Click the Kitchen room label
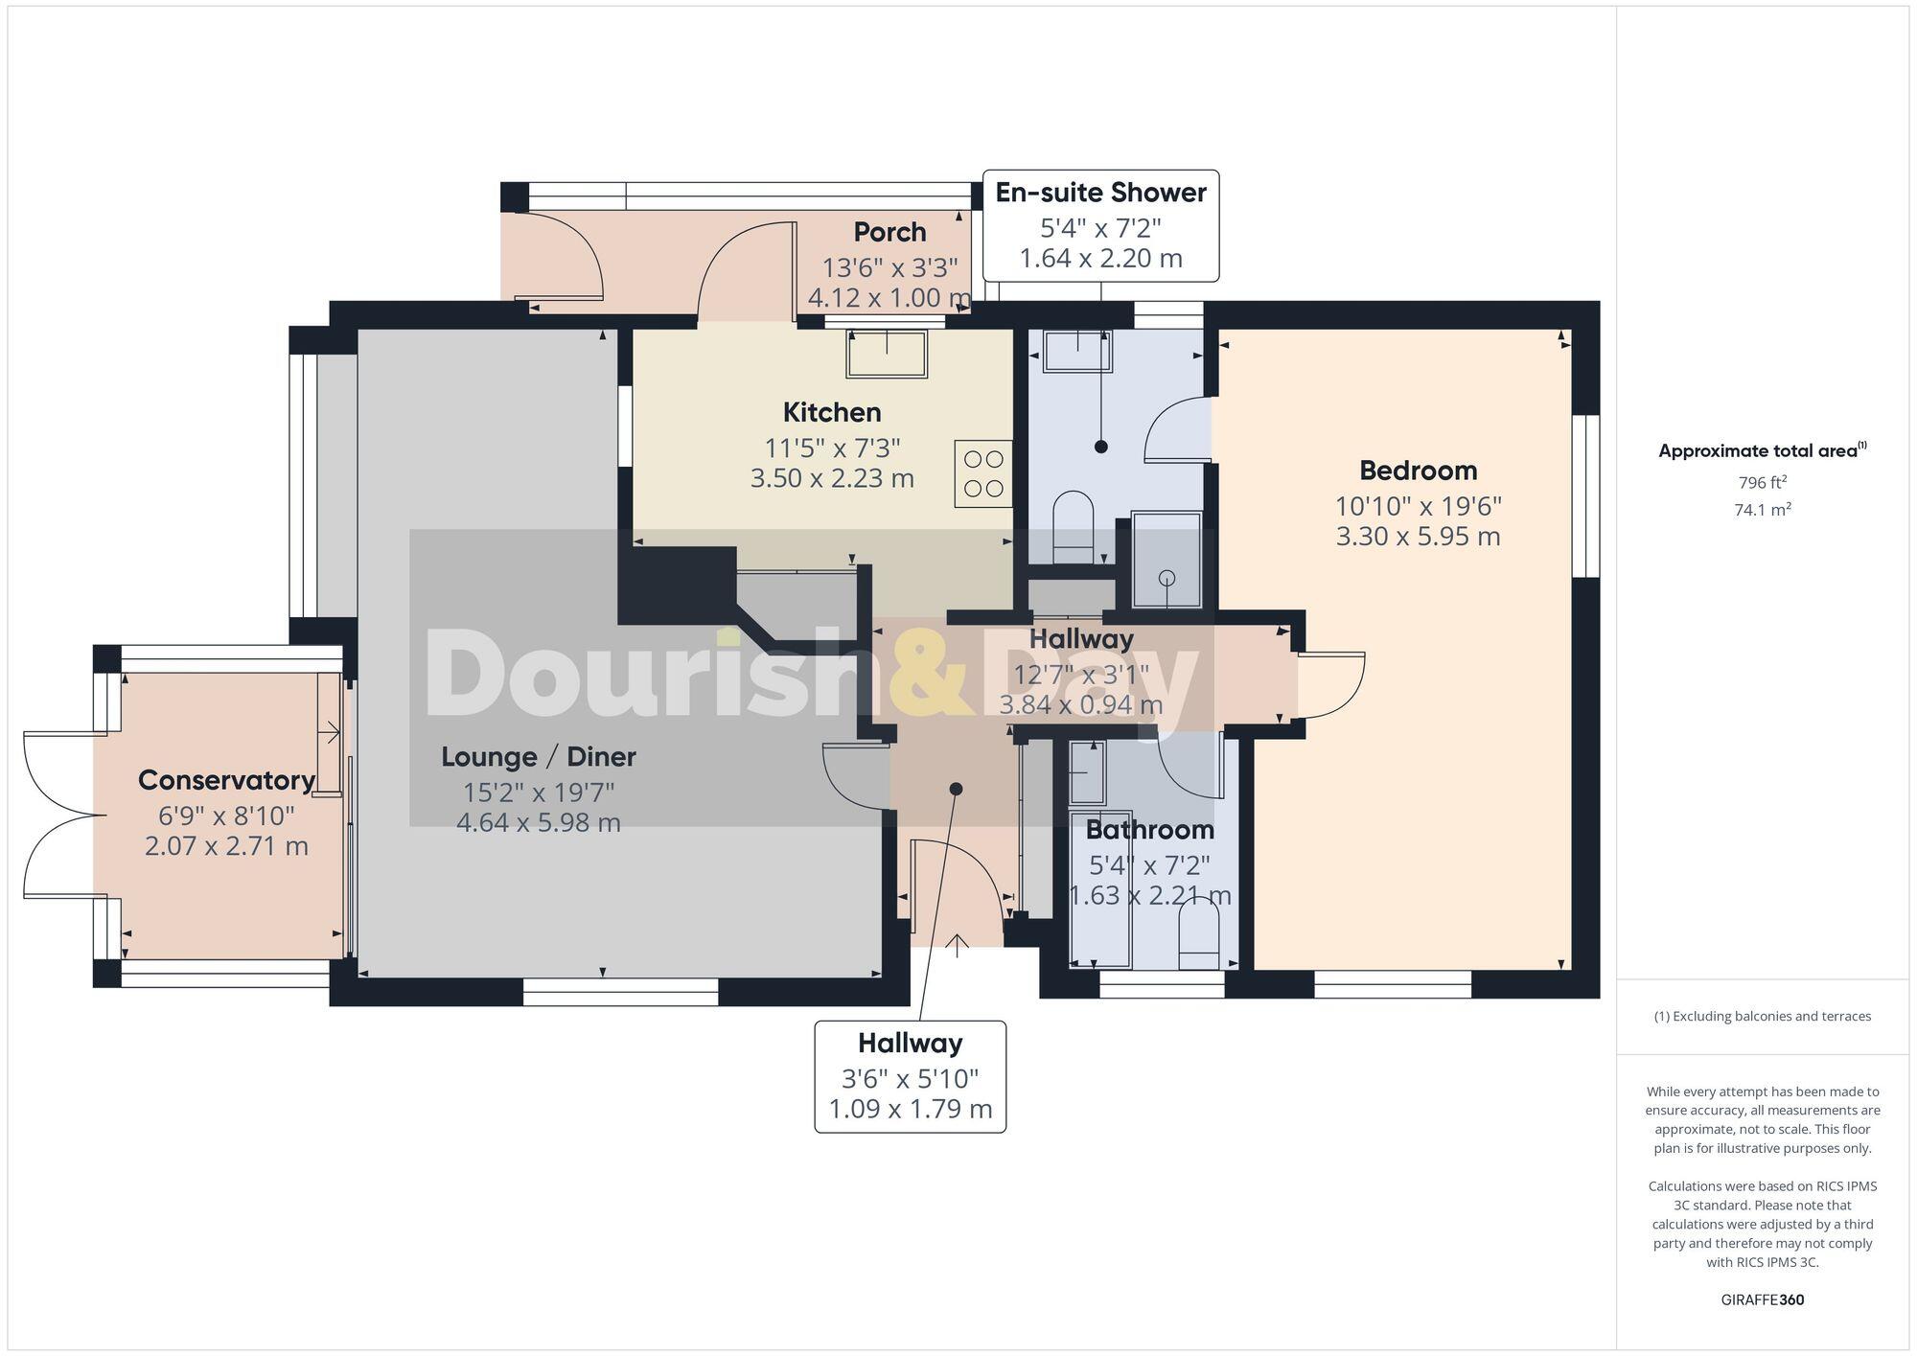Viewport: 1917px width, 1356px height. [x=831, y=412]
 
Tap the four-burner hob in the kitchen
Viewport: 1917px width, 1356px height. [x=982, y=473]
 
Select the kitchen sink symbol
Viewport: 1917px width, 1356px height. [x=887, y=353]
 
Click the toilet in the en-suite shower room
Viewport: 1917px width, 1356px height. [x=1073, y=528]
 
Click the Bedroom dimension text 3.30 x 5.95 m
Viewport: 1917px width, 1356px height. [x=1418, y=536]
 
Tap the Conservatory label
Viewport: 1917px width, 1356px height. [x=226, y=780]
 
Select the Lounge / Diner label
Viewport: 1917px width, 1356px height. [x=538, y=756]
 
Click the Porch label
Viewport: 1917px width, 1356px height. [x=889, y=232]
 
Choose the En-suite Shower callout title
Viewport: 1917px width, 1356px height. [x=1100, y=193]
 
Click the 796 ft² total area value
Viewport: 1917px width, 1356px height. [x=1762, y=482]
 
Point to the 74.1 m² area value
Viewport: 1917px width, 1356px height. [x=1762, y=510]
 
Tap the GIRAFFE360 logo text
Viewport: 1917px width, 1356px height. [x=1762, y=1300]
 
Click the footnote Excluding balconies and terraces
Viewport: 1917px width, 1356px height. [x=1762, y=1016]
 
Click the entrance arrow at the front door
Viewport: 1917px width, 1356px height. [x=957, y=947]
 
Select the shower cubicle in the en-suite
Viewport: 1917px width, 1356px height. [x=1166, y=561]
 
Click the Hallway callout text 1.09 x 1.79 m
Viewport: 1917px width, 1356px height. [x=910, y=1110]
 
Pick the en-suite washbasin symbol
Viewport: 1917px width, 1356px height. [x=1077, y=352]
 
